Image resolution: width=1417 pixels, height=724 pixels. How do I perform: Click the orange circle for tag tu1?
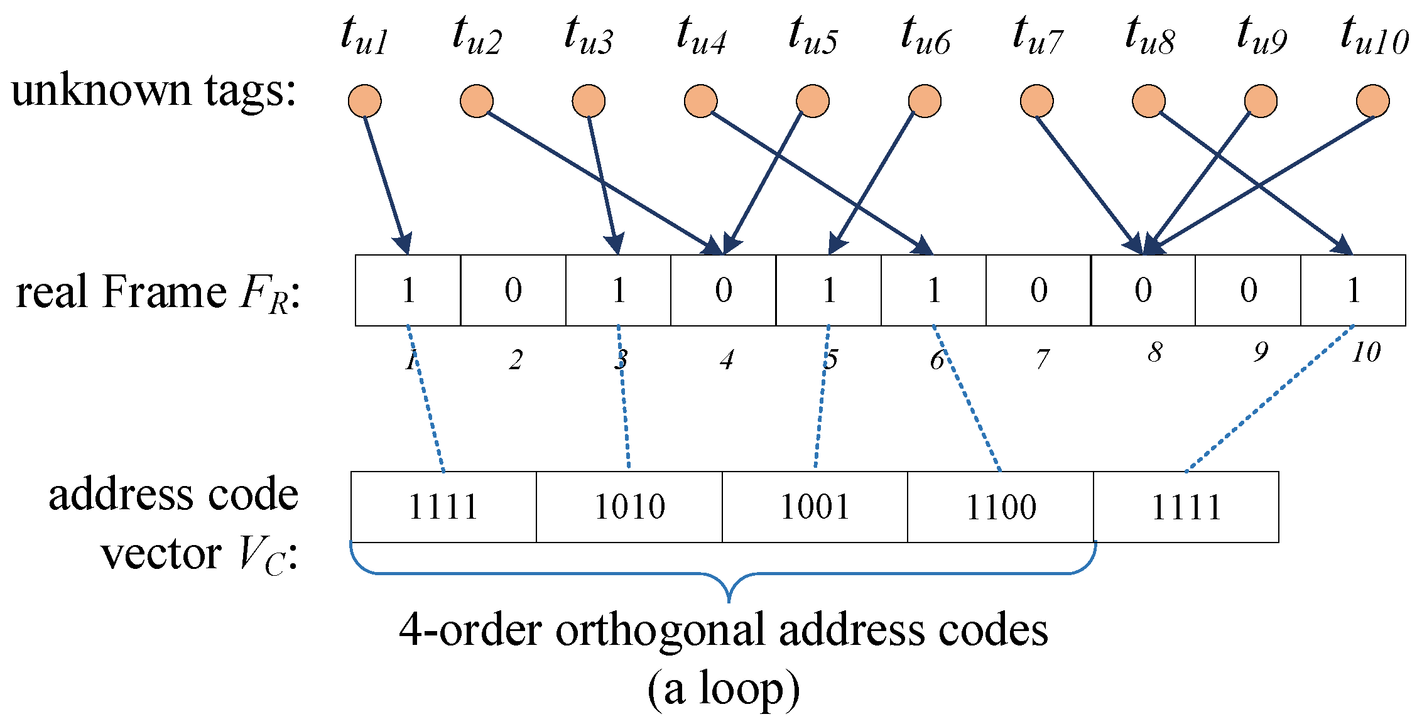point(364,101)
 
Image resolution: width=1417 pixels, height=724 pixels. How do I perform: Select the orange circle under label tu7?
point(1036,101)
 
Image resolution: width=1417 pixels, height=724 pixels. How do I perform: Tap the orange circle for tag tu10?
point(1372,101)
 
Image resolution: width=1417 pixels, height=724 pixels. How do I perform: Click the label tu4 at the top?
point(701,36)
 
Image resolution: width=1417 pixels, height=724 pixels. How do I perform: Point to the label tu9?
point(1261,36)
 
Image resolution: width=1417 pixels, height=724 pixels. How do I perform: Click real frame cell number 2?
point(513,290)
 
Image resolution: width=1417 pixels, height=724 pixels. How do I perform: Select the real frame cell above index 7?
point(1038,290)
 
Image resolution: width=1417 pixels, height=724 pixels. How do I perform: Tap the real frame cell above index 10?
point(1353,290)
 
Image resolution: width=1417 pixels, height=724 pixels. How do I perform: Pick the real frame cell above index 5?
point(828,290)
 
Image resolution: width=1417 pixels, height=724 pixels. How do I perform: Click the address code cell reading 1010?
point(629,507)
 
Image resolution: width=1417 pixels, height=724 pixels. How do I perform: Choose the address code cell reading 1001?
point(815,507)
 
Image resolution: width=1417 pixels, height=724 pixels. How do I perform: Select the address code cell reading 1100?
point(1001,507)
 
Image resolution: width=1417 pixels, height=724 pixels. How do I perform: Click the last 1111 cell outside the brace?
point(1186,507)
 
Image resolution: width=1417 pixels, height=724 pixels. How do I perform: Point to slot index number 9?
point(1260,352)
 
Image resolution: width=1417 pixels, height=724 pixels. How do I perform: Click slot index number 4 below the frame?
point(727,360)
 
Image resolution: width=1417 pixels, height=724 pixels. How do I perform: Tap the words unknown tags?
point(153,91)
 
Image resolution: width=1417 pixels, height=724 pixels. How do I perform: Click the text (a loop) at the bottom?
point(724,689)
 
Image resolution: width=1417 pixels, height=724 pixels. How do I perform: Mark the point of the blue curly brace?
point(729,600)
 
